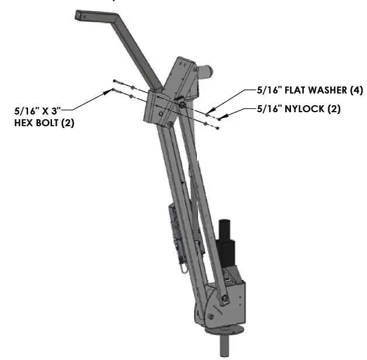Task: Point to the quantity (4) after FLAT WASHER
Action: [x=356, y=91]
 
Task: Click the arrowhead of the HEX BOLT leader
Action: [x=112, y=90]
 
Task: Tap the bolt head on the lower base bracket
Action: [x=224, y=300]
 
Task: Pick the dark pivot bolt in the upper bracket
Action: [x=182, y=105]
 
